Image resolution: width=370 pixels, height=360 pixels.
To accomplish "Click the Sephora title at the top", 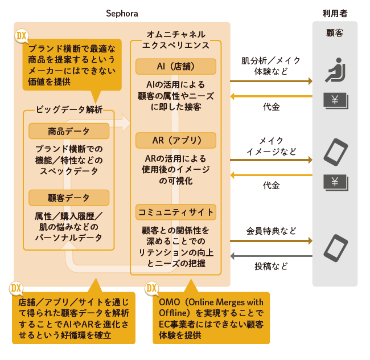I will [122, 13].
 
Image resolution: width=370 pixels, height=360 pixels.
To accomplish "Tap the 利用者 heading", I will [335, 13].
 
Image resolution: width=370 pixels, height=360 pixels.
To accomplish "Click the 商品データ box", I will [69, 132].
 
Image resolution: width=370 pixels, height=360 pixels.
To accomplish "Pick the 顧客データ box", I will [69, 198].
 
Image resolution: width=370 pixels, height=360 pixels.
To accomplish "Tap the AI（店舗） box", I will [176, 66].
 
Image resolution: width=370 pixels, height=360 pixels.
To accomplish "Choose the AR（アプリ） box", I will [176, 140].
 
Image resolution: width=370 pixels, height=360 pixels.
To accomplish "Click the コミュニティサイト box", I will [176, 212].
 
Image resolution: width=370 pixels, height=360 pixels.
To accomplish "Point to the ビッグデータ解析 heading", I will [69, 109].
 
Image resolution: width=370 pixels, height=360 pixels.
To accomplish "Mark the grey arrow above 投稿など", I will [271, 256].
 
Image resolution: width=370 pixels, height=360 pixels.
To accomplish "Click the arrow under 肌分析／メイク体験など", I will [271, 81].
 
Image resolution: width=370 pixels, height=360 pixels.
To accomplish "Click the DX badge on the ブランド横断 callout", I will [22, 37].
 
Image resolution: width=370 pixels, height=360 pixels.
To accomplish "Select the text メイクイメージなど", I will [271, 146].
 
